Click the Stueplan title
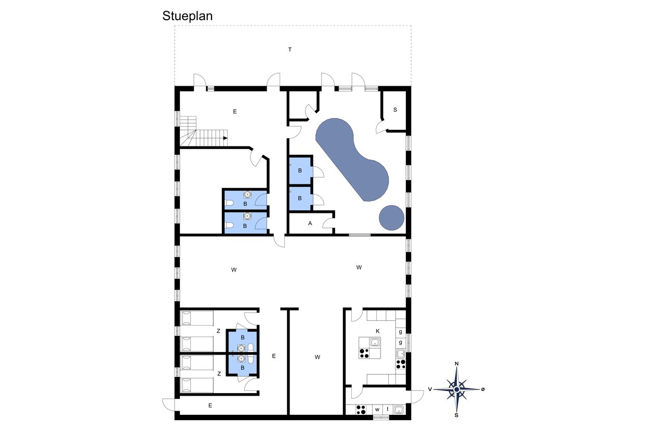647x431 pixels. coord(187,16)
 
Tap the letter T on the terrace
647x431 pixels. coord(290,50)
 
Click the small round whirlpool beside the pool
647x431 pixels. coord(391,218)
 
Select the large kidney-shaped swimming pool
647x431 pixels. coord(352,159)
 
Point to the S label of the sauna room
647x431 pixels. coord(395,110)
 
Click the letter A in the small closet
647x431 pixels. coord(310,223)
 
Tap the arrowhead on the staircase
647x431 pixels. coord(226,138)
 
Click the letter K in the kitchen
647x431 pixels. coord(378,331)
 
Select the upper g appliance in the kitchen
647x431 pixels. coord(401,332)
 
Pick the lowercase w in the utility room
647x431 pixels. coord(377,410)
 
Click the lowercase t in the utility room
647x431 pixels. coord(388,409)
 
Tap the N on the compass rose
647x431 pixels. coord(457,363)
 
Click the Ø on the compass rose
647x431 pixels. coord(483,389)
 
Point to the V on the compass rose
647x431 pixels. coord(430,389)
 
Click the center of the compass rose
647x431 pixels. coord(457,390)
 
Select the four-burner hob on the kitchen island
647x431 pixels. coord(364,353)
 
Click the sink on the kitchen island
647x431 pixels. coord(375,342)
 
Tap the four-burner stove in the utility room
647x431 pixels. coord(361,410)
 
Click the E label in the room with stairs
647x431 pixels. coord(235,112)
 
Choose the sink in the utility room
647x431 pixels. coord(399,410)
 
